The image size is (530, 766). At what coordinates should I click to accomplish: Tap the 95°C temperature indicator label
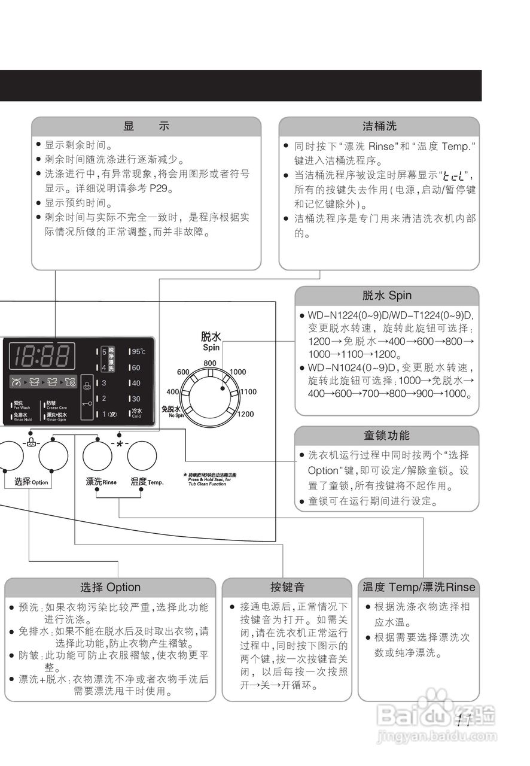coord(138,351)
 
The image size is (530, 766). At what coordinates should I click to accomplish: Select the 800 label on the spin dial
coord(209,363)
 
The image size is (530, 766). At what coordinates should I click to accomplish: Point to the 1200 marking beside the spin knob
coord(245,414)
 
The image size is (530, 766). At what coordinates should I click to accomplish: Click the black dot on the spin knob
coord(223,388)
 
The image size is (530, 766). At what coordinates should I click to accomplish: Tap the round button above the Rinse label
coord(98,456)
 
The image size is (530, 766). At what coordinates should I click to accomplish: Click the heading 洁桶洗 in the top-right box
coord(379,126)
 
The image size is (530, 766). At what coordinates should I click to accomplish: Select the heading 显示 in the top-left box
coord(146,126)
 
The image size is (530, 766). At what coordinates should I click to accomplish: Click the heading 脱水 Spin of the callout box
coord(386,296)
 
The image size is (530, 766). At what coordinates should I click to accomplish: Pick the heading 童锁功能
coord(386,435)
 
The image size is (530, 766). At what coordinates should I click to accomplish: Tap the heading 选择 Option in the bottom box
coord(110,587)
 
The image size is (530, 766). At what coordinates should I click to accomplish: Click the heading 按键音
coord(287,587)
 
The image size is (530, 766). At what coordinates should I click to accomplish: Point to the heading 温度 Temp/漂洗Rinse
coord(419,587)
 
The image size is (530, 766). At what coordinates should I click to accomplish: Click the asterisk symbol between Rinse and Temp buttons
coord(120,444)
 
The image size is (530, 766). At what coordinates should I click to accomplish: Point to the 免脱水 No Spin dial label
coord(171,411)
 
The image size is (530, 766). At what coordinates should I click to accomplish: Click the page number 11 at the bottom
coord(464,721)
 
